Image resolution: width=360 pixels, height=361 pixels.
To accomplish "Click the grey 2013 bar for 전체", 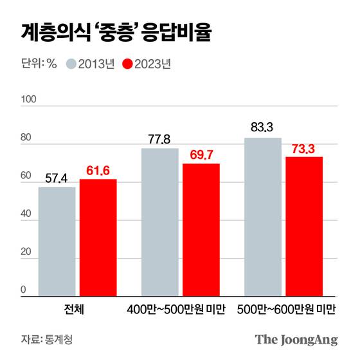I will click(x=57, y=241).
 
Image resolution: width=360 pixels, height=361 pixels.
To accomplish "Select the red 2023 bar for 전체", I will click(x=98, y=237).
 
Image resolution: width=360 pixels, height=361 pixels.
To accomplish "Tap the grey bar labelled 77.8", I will click(x=160, y=222).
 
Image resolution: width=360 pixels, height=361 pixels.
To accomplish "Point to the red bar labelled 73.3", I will click(x=304, y=226).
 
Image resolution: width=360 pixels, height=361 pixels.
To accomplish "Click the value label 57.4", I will click(x=57, y=176).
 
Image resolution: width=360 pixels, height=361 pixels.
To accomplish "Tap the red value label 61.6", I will click(x=98, y=170).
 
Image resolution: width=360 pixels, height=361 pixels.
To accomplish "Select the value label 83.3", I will click(x=263, y=127).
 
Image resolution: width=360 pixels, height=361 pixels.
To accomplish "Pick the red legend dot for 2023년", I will click(x=127, y=64).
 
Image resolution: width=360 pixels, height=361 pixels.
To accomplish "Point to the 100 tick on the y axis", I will click(x=30, y=101).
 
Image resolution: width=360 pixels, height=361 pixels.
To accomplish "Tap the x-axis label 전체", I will click(x=76, y=309).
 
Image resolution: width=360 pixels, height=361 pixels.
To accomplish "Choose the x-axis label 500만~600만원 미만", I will click(x=286, y=309).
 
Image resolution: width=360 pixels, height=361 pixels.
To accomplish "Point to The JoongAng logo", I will click(x=296, y=339).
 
